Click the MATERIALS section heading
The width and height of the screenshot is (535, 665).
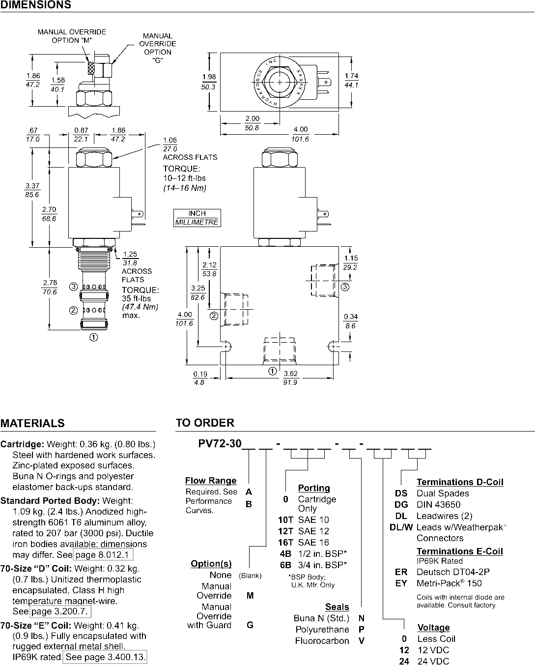[x=32, y=423]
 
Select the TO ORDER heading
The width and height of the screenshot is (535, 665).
[x=205, y=422]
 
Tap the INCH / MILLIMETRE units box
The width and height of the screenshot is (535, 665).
[x=197, y=218]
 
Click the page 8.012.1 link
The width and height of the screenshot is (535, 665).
[x=103, y=555]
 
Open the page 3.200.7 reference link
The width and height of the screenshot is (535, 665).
[x=60, y=611]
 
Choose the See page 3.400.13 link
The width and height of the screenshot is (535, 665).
[x=105, y=657]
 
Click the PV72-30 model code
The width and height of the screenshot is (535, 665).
[x=220, y=443]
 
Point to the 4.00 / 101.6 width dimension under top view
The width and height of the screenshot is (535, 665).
[x=300, y=134]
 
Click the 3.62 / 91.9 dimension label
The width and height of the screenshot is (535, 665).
[x=290, y=378]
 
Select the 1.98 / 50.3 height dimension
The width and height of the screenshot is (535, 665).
[x=209, y=82]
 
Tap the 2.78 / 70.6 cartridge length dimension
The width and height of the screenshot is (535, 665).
[x=50, y=288]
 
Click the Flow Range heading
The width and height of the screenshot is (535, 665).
[x=211, y=481]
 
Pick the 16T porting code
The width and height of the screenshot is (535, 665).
[x=286, y=542]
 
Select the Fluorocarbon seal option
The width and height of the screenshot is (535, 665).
[x=322, y=640]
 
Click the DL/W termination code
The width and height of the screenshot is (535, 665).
[x=401, y=527]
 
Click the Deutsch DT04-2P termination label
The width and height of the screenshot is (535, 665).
[x=453, y=572]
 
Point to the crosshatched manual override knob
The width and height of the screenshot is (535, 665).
[x=91, y=68]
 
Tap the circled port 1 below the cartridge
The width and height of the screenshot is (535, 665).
[x=94, y=337]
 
